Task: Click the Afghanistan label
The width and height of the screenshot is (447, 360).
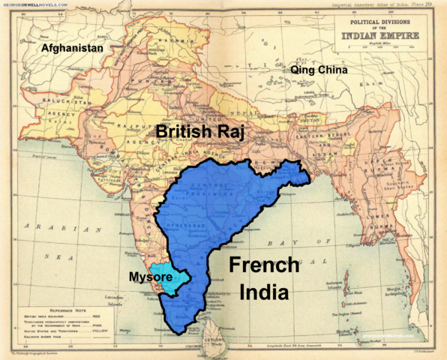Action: [x=72, y=47]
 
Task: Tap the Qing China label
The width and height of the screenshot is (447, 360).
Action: [x=319, y=70]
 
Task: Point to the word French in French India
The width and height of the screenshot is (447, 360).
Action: [x=259, y=265]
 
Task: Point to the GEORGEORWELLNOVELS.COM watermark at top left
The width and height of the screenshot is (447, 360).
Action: [x=34, y=4]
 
